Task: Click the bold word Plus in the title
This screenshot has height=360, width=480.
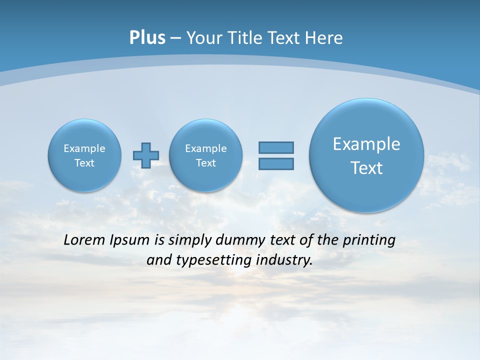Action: click(147, 38)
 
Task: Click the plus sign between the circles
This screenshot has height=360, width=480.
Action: click(146, 155)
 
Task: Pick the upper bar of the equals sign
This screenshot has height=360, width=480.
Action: click(276, 147)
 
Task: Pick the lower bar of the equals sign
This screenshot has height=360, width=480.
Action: click(276, 163)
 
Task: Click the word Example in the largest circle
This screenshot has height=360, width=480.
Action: click(366, 144)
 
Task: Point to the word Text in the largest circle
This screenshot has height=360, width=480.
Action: click(366, 168)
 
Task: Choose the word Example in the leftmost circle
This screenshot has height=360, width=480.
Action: click(84, 148)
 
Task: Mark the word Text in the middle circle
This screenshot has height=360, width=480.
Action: click(206, 163)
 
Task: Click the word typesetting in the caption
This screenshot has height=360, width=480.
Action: click(212, 260)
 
